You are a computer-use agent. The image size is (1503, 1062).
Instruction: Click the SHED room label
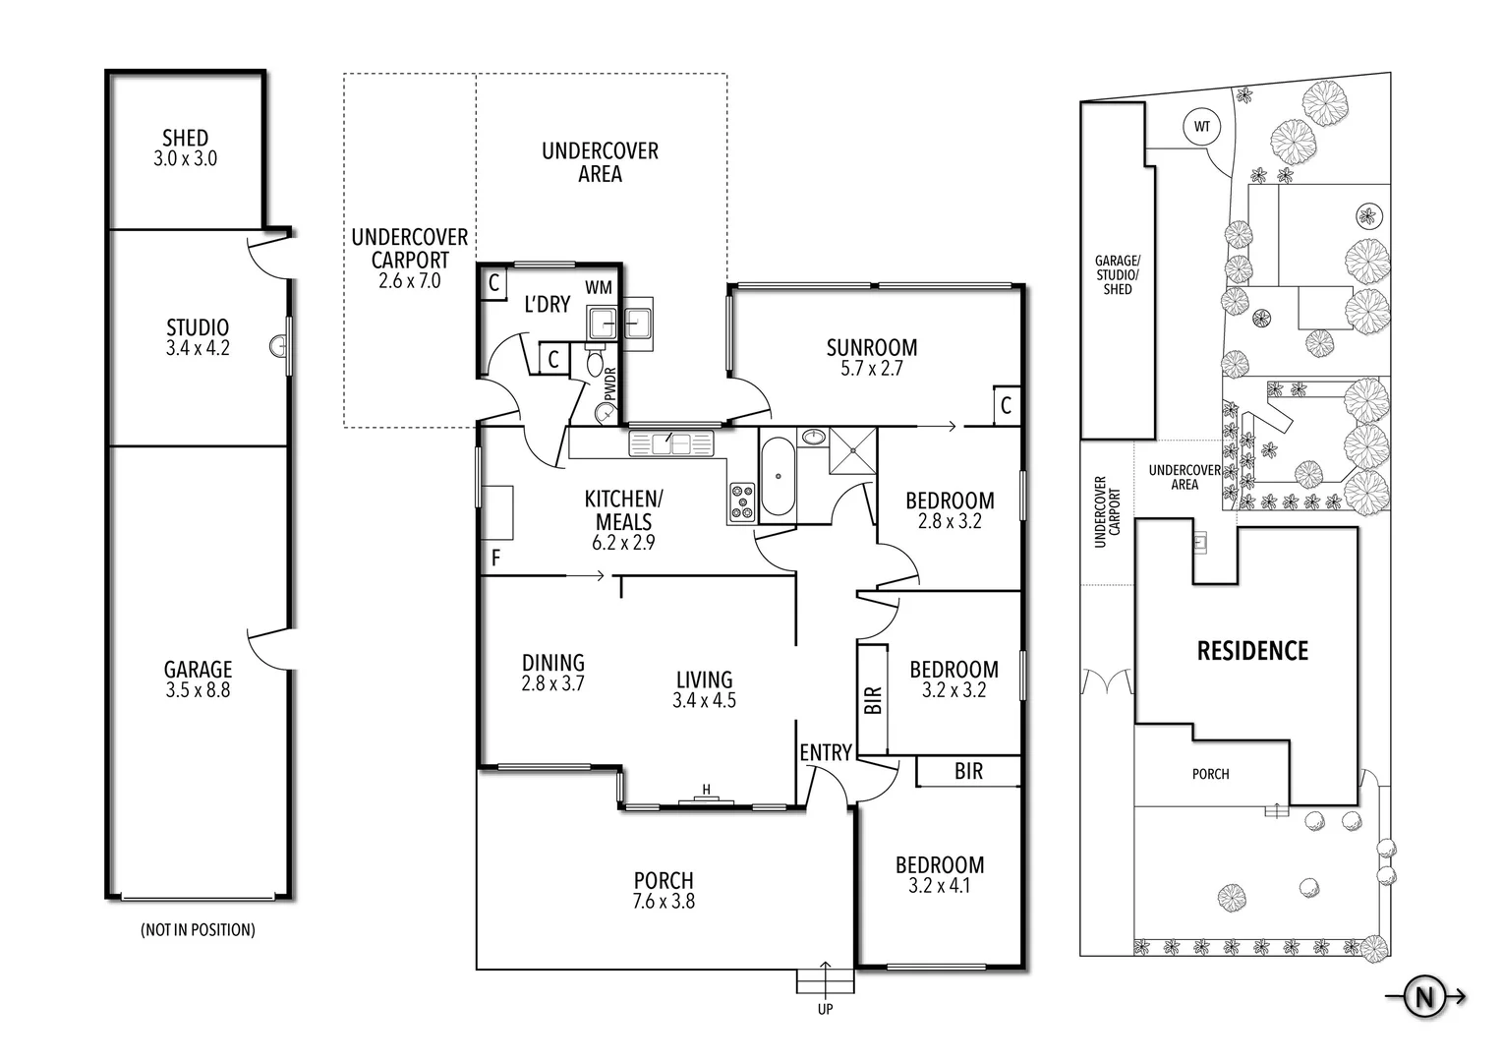(185, 138)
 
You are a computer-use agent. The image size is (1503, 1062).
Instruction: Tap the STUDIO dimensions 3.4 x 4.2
(198, 348)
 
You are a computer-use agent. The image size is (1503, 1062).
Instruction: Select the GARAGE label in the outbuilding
(198, 670)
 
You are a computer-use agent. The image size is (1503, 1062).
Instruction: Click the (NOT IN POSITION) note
(198, 929)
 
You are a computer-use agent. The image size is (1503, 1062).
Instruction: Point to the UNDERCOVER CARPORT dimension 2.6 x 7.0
(409, 281)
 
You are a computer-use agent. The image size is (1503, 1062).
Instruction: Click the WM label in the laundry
(599, 287)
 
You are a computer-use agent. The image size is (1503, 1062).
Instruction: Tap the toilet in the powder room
(596, 364)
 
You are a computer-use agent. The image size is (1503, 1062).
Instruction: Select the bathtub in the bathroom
(778, 477)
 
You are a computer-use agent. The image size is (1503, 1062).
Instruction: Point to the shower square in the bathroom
(852, 451)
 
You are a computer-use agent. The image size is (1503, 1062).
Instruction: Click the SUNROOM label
(871, 347)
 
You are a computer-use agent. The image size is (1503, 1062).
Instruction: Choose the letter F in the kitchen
(495, 558)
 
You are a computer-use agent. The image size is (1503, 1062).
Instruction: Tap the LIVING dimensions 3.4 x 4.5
(704, 701)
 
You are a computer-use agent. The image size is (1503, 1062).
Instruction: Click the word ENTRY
(825, 752)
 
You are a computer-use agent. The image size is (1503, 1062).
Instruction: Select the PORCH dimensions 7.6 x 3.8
(664, 901)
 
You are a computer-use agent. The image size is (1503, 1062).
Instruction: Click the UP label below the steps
(825, 1010)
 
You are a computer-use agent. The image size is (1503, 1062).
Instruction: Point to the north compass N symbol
(1421, 997)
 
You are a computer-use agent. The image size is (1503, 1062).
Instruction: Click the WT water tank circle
(1201, 127)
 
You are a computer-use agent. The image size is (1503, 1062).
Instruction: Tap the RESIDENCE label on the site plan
(1252, 651)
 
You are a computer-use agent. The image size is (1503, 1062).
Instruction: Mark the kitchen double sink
(670, 444)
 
